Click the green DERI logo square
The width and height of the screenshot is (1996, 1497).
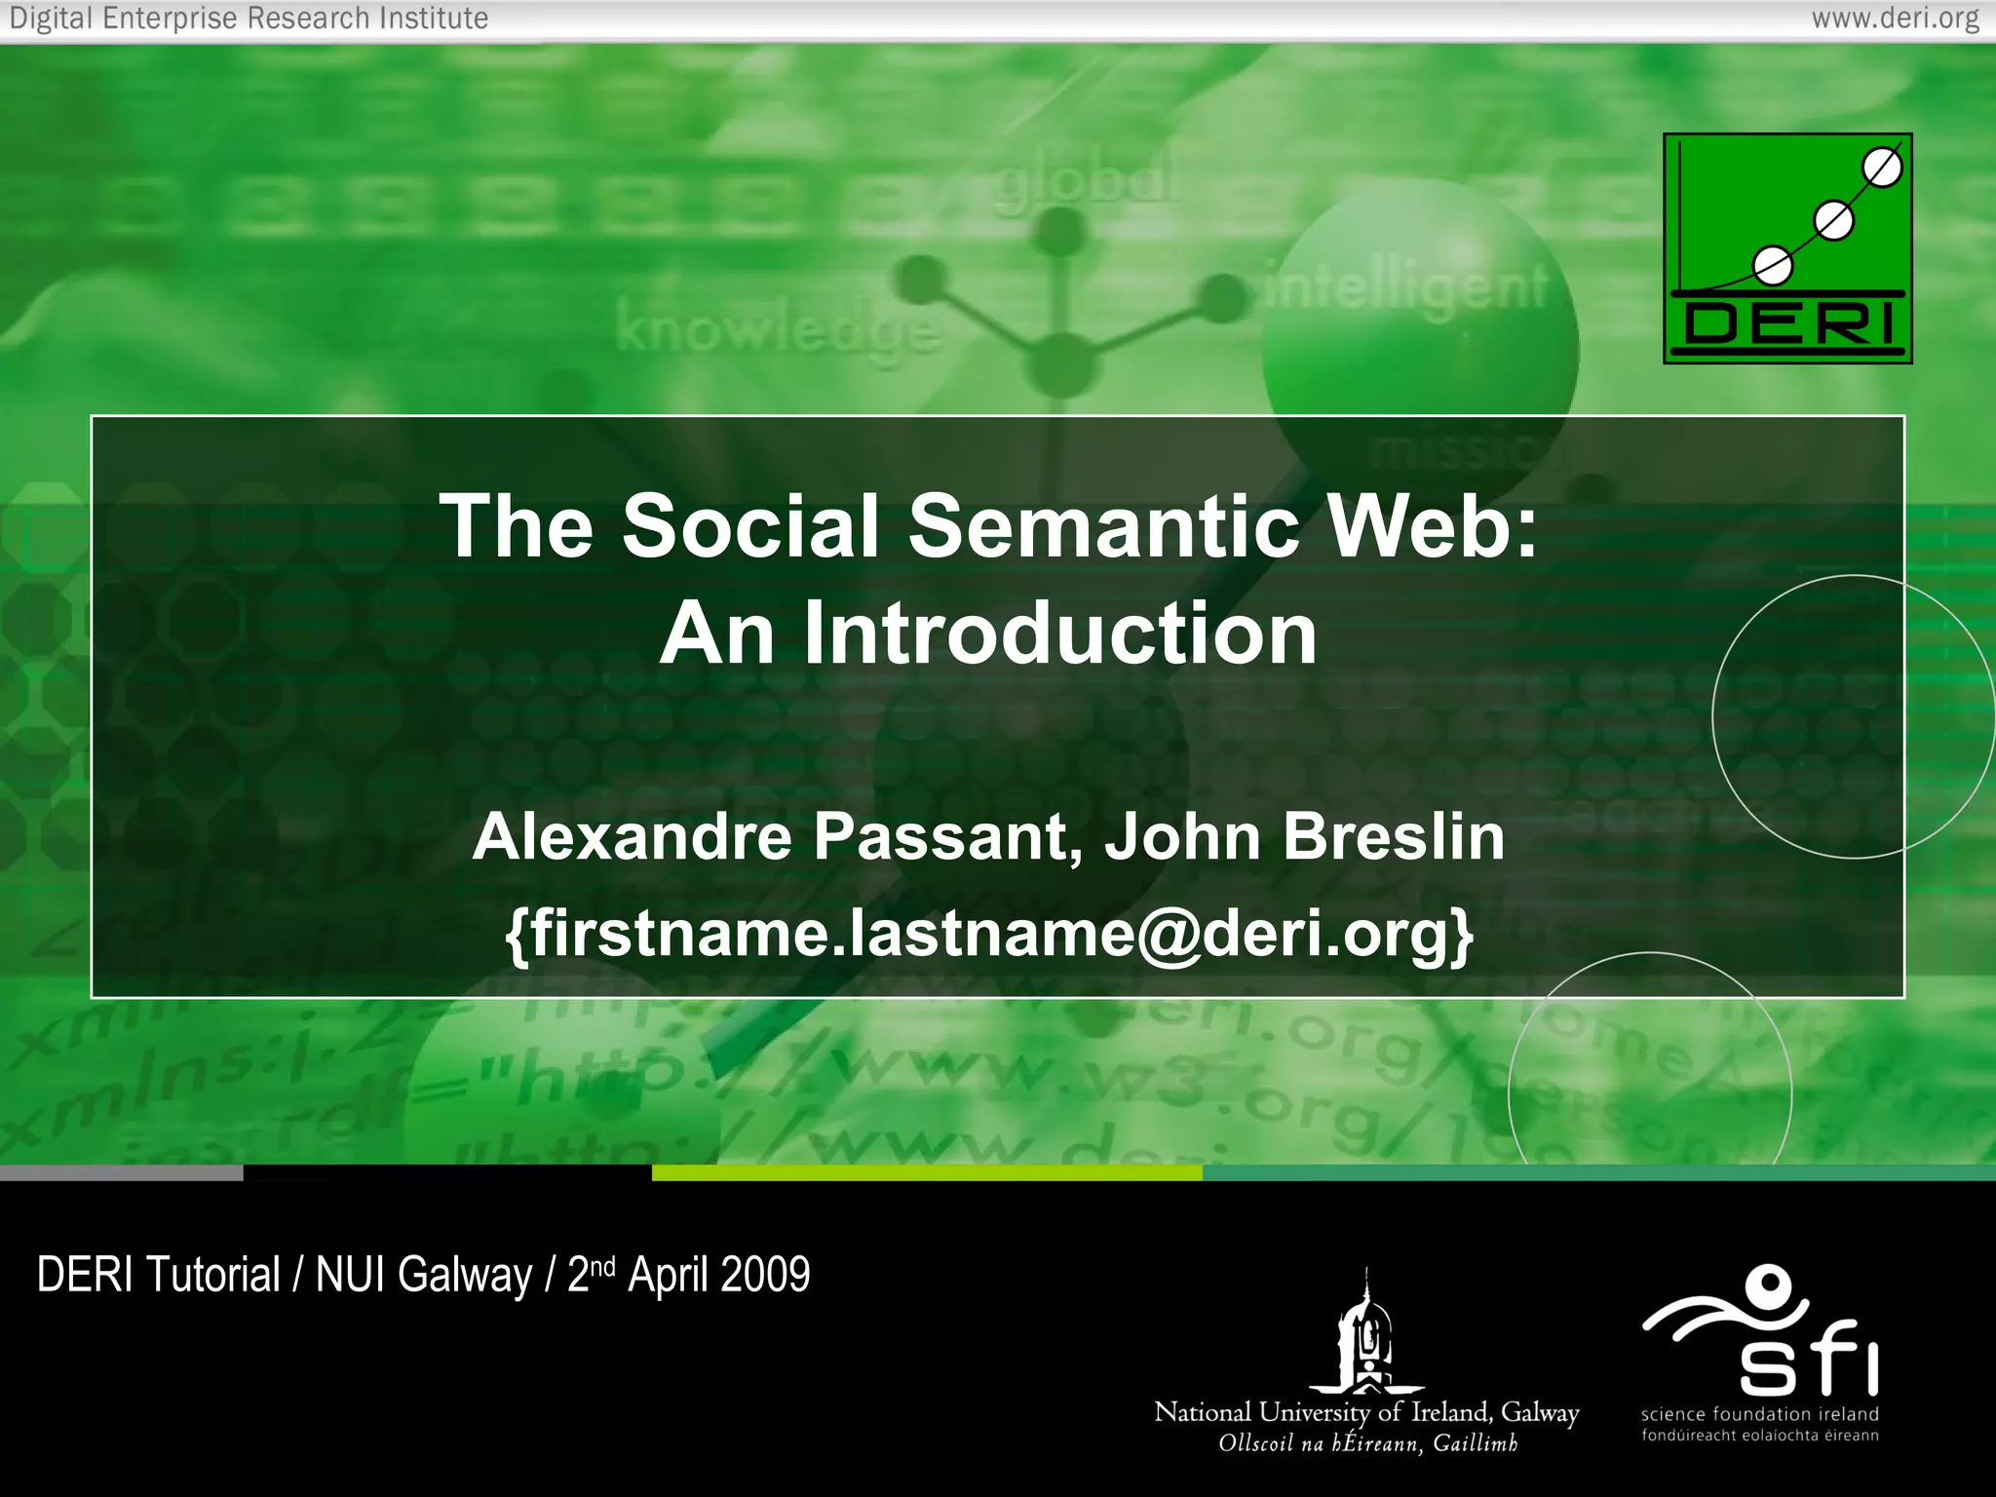pos(1787,249)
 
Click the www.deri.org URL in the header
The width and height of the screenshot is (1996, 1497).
pos(1895,19)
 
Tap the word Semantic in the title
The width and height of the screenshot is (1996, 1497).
pos(1103,526)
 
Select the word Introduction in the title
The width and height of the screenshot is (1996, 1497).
pos(1060,633)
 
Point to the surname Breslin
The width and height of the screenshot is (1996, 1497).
pos(1394,837)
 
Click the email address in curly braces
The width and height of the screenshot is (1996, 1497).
pos(988,934)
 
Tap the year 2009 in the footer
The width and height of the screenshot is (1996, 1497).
pos(765,1275)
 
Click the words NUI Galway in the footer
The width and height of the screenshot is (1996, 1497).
pos(424,1275)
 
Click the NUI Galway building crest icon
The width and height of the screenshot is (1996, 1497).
pos(1365,1335)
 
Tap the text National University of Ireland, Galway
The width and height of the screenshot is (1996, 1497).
pos(1365,1412)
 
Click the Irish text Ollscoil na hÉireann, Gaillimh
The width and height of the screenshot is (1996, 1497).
pos(1367,1443)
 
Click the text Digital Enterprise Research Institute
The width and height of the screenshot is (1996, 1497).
pos(249,19)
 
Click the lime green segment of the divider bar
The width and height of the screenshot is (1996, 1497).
pos(926,1173)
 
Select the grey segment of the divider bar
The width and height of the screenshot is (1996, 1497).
pos(121,1173)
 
